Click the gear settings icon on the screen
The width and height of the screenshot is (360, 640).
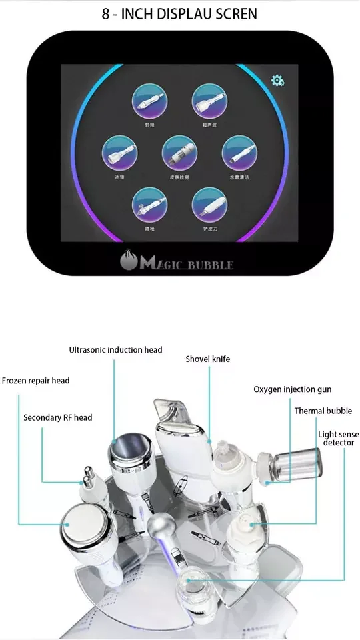[277, 81]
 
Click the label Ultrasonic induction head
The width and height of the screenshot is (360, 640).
[115, 349]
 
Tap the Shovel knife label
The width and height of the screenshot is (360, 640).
[207, 359]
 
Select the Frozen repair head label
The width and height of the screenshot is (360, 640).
[35, 381]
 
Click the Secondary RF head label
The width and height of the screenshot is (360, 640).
[58, 417]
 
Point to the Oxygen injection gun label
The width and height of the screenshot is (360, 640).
[292, 389]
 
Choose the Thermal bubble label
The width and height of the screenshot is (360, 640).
[323, 411]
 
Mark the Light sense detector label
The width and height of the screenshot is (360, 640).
[339, 438]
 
